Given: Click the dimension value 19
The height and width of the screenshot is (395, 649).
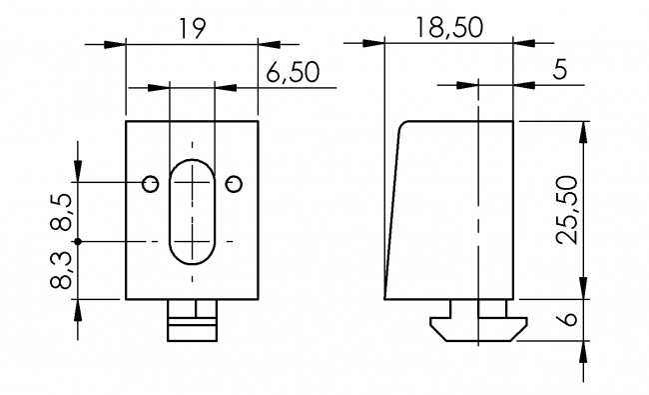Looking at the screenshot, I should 193,30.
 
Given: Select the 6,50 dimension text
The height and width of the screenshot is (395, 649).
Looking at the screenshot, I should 294,73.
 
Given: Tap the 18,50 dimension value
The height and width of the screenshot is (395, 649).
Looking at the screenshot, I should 448,28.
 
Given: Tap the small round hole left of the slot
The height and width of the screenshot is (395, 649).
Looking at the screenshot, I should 150,183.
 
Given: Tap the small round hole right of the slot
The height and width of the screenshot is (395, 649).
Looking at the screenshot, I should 234,183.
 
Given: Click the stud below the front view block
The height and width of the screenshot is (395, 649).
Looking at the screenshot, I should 192,320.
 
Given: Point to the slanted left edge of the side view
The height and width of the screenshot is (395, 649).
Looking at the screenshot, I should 392,210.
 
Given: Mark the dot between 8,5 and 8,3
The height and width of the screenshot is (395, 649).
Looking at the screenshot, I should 77,242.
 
